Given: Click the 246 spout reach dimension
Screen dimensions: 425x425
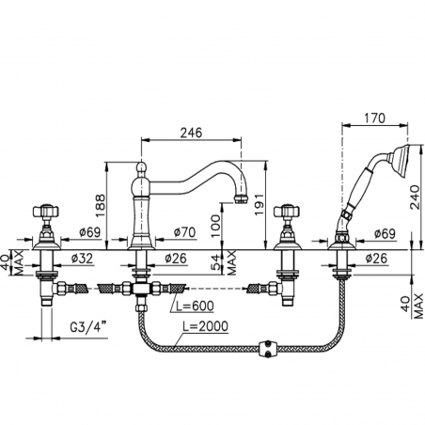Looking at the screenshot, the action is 191,133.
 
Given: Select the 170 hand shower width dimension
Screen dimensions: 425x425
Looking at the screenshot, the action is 374,118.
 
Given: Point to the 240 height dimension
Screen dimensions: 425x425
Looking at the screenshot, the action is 415,197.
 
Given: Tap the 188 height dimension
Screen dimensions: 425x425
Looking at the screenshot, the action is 100,206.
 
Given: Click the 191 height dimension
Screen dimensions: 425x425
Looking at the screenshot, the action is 260,205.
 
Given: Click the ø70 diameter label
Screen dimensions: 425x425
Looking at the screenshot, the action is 184,232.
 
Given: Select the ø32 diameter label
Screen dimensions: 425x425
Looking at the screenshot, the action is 82,259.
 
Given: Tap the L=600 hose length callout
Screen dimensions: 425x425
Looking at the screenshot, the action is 195,306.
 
